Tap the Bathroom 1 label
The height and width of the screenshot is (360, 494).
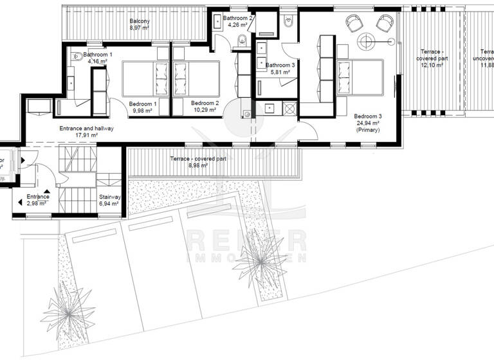tap(98, 55)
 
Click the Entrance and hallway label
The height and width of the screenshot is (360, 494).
tap(86, 128)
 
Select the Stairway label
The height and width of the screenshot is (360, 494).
tap(109, 197)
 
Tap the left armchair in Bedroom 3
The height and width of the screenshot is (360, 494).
tap(354, 23)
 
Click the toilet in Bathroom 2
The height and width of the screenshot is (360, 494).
tap(242, 41)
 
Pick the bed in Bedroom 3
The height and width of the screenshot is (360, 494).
tap(358, 77)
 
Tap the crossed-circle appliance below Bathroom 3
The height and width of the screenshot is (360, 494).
tap(288, 109)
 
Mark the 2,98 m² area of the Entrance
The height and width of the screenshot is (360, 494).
tap(37, 203)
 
